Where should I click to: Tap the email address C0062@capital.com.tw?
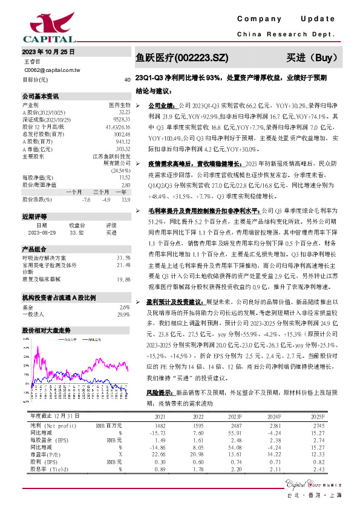[52, 70]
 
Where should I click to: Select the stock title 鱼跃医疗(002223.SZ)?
[182, 58]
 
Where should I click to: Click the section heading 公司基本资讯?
[41, 96]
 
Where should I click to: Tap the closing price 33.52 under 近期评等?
[77, 232]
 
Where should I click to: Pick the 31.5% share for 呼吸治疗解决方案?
[123, 258]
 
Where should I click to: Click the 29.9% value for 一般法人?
[123, 314]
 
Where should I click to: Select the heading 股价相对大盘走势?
[47, 331]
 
